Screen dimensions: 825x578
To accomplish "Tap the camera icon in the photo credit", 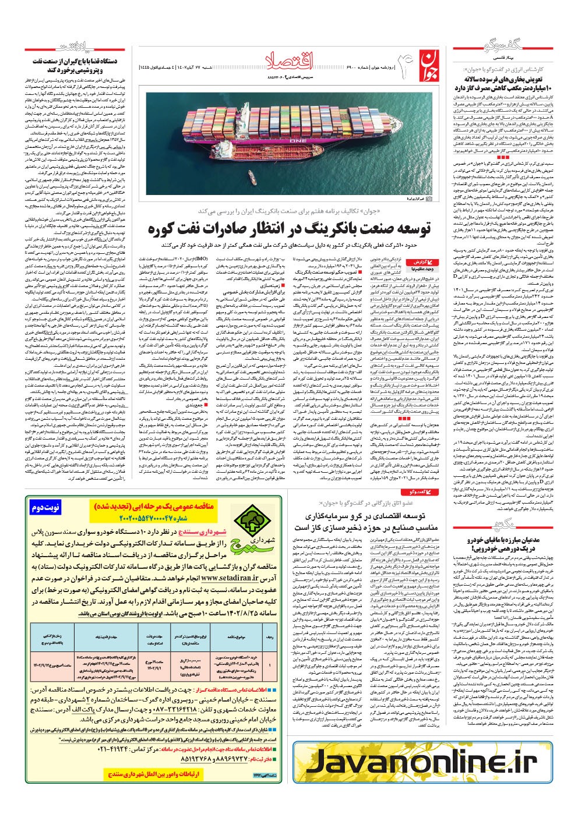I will tap(428, 199).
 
